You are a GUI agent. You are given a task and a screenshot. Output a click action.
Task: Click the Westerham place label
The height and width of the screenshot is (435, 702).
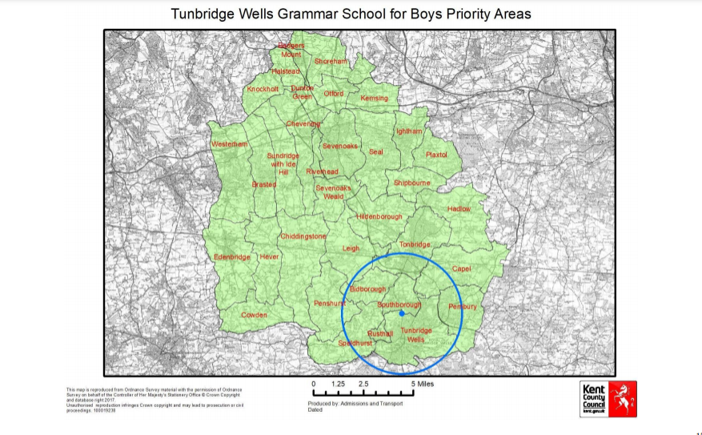pyautogui.click(x=229, y=144)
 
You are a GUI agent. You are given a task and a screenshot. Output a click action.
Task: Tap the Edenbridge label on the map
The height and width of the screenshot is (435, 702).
pyautogui.click(x=232, y=257)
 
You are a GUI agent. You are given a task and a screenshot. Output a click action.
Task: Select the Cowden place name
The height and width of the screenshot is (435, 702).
pyautogui.click(x=254, y=316)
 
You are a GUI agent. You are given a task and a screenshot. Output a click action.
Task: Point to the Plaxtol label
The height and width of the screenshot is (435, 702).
pyautogui.click(x=436, y=155)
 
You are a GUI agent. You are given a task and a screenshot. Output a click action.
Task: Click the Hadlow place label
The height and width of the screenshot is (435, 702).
pyautogui.click(x=459, y=208)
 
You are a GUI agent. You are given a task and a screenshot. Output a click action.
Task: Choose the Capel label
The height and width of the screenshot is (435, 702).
pyautogui.click(x=463, y=269)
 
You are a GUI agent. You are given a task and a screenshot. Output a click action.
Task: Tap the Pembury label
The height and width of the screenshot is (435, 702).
pyautogui.click(x=463, y=307)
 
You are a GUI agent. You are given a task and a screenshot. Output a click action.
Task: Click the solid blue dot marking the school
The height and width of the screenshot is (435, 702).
pyautogui.click(x=401, y=314)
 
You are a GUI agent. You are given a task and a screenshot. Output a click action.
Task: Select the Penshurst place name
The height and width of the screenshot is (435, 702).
pyautogui.click(x=329, y=304)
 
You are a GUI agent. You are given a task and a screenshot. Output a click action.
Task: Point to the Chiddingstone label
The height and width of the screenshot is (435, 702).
pyautogui.click(x=303, y=236)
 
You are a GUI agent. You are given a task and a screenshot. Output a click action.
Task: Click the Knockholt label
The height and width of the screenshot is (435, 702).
pyautogui.click(x=263, y=90)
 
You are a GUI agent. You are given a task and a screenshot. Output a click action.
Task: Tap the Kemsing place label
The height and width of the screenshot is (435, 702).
pyautogui.click(x=374, y=99)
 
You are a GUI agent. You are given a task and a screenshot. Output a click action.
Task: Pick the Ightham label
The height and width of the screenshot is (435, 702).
pyautogui.click(x=408, y=131)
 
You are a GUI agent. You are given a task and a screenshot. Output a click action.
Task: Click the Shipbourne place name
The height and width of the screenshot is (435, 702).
pyautogui.click(x=411, y=183)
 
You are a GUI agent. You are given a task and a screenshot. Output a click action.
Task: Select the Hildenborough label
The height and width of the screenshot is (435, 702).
pyautogui.click(x=379, y=217)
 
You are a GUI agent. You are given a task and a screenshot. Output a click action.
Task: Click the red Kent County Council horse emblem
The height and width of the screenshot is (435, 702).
pyautogui.click(x=622, y=398)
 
